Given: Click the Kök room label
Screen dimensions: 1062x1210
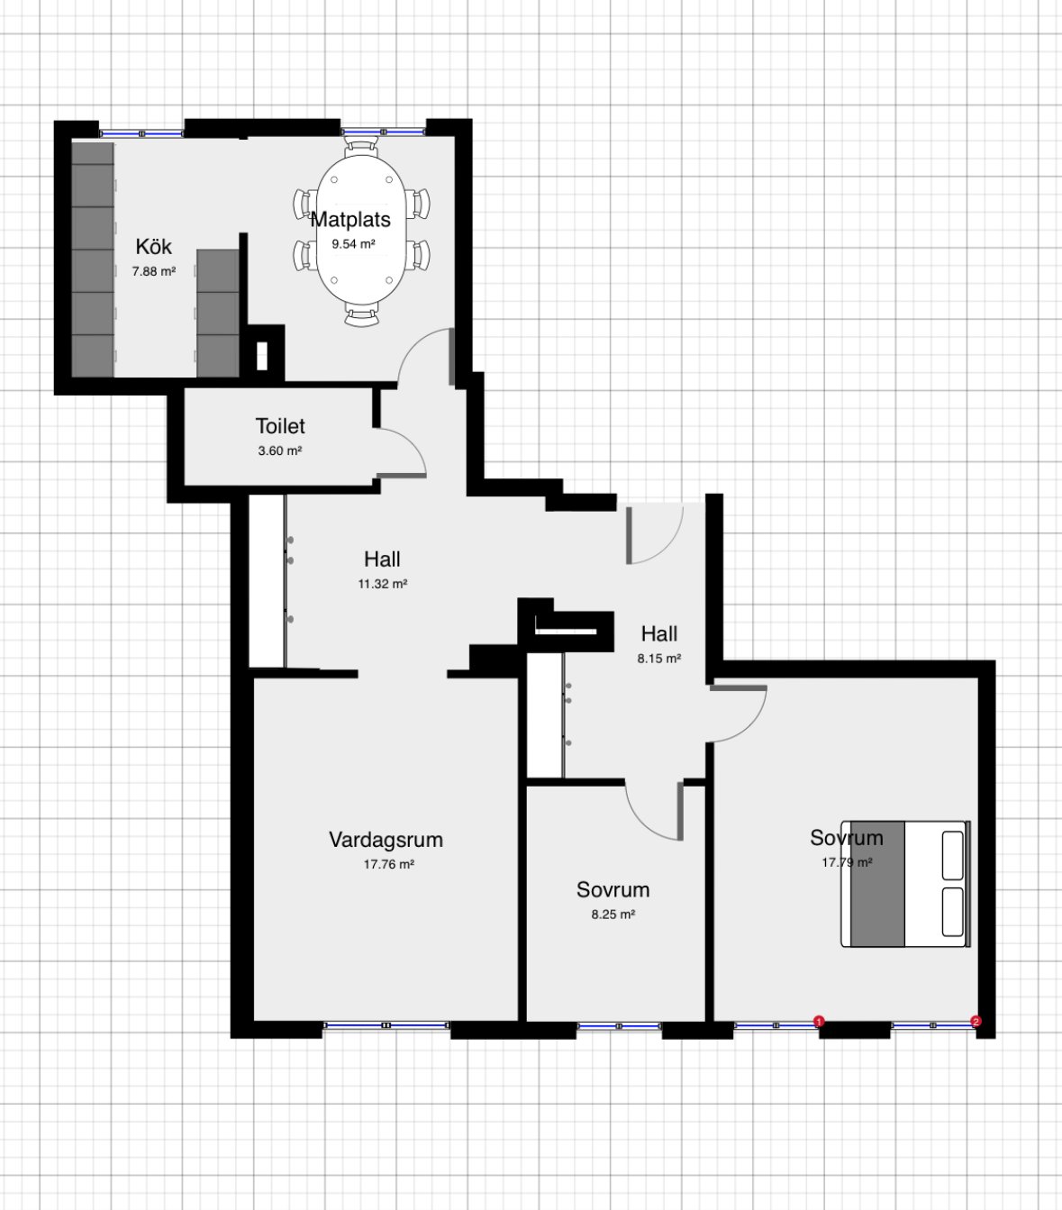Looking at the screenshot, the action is click(x=153, y=247).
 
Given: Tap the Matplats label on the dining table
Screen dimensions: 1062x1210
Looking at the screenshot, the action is click(x=350, y=220).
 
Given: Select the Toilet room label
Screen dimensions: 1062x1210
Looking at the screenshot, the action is click(x=280, y=426).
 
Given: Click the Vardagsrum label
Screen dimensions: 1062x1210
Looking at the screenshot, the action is click(x=386, y=840).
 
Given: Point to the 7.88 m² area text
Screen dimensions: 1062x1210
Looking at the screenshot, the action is click(x=153, y=271).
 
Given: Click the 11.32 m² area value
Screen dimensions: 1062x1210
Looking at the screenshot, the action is click(x=382, y=584).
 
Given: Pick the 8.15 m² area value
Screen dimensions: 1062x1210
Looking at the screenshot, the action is click(x=658, y=658).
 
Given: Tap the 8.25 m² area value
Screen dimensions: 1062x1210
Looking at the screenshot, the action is click(x=613, y=914).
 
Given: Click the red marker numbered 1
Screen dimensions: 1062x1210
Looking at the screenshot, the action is click(x=819, y=1022).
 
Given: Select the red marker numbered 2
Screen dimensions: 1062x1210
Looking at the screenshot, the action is click(x=976, y=1022).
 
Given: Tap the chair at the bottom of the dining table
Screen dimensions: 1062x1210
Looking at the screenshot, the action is click(x=361, y=314).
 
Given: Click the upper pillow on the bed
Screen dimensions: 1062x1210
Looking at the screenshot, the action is click(x=953, y=855).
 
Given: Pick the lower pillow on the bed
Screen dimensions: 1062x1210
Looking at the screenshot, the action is click(x=953, y=912).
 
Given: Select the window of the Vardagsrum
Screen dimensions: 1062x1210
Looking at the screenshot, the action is click(x=386, y=1025).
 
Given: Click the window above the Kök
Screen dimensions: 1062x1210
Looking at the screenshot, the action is click(x=141, y=133).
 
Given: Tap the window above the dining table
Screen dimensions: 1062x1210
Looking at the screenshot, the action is click(x=383, y=132).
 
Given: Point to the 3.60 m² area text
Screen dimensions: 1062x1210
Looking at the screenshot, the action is click(x=279, y=450).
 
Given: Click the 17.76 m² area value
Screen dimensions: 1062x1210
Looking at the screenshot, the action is click(x=389, y=864).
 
